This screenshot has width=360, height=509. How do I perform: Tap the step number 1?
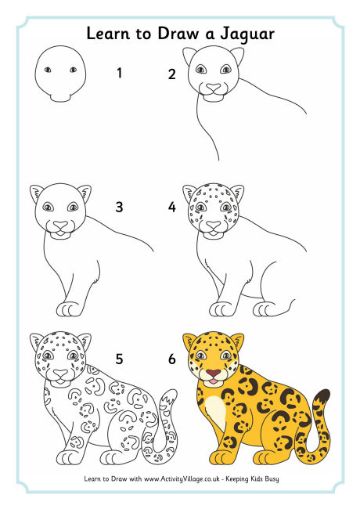119,74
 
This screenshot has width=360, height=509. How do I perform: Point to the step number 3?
119,208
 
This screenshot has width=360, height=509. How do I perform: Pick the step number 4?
171,208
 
